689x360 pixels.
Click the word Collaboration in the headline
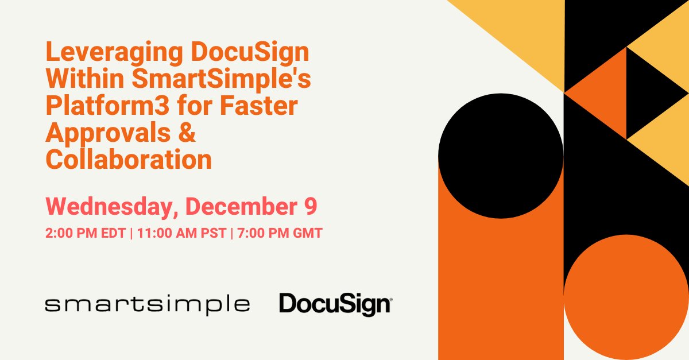(129, 160)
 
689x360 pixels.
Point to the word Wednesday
(107, 207)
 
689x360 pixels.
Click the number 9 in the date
(311, 207)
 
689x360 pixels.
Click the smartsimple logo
(147, 304)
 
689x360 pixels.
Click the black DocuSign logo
(335, 304)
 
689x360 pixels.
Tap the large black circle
(501, 156)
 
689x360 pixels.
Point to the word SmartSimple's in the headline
(222, 80)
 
